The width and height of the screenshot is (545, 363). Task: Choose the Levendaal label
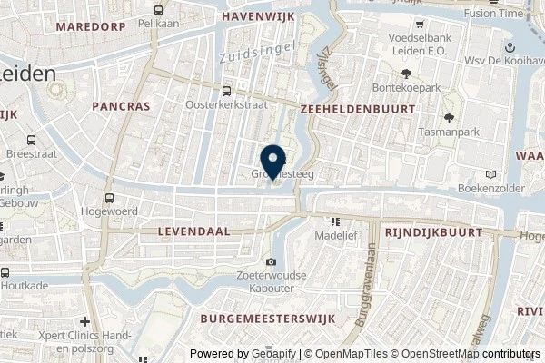192,231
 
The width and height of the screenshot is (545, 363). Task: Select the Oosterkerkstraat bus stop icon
226,91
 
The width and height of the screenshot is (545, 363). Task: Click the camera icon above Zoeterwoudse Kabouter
271,262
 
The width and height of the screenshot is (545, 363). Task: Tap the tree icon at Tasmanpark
448,118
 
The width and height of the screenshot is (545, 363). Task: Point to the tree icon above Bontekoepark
407,74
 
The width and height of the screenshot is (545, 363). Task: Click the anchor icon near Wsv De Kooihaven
510,47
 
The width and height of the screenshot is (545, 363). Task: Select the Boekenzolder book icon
491,174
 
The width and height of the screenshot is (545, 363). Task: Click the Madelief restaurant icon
335,221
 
